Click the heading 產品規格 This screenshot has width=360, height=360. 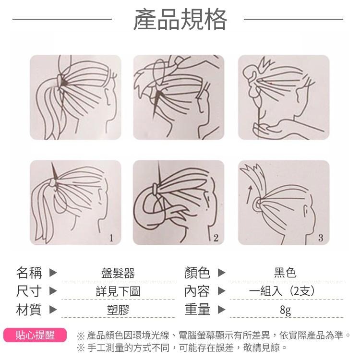click(x=180, y=20)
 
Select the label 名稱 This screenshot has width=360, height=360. click(x=29, y=273)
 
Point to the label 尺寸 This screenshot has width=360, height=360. click(x=29, y=291)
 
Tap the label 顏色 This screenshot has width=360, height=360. click(x=197, y=273)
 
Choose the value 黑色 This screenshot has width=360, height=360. click(x=285, y=274)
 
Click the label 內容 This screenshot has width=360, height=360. click(x=197, y=291)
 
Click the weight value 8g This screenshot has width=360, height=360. click(x=285, y=310)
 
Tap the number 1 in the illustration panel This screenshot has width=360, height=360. click(x=111, y=238)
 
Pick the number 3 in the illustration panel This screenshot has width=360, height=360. click(x=321, y=238)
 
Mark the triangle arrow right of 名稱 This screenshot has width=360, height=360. click(x=53, y=273)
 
